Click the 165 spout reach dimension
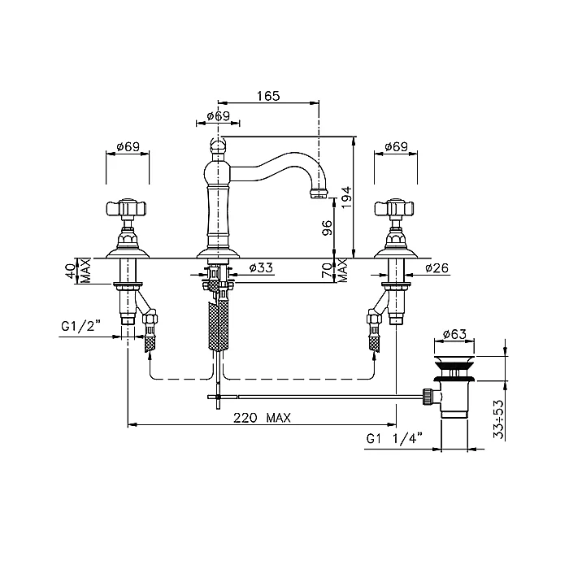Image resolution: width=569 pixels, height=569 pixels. click(268, 96)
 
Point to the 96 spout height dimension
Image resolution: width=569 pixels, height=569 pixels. click(328, 228)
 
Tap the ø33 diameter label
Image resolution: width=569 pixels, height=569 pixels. click(261, 267)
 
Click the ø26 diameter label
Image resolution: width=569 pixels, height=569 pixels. click(437, 268)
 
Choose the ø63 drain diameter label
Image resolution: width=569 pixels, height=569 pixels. click(454, 333)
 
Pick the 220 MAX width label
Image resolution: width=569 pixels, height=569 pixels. click(262, 418)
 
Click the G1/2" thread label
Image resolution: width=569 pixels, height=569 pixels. click(80, 326)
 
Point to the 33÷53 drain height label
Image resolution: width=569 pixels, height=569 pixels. click(499, 419)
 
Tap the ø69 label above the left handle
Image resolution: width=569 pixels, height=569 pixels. click(128, 146)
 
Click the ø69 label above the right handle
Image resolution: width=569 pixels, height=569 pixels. click(397, 146)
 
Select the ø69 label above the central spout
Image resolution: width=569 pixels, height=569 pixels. click(218, 116)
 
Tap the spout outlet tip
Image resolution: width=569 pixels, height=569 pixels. click(319, 193)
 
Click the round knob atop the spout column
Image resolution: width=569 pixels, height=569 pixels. click(218, 146)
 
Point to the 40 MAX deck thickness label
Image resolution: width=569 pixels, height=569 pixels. click(79, 271)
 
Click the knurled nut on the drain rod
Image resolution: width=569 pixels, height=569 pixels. click(427, 397)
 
